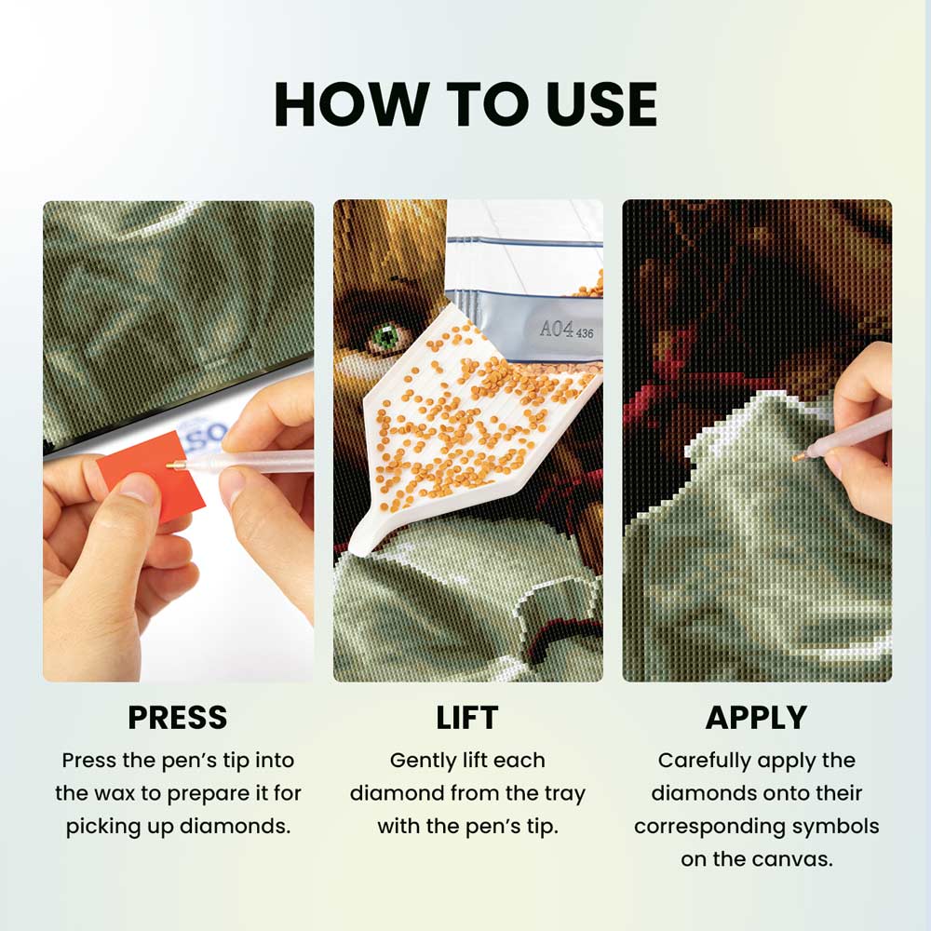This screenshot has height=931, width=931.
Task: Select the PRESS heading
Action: tap(178, 717)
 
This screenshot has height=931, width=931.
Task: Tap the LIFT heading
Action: tap(467, 717)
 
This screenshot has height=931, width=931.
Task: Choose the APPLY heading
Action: tap(756, 717)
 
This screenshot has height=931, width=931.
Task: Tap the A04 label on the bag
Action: tap(557, 329)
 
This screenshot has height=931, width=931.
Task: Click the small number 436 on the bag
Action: tap(585, 333)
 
